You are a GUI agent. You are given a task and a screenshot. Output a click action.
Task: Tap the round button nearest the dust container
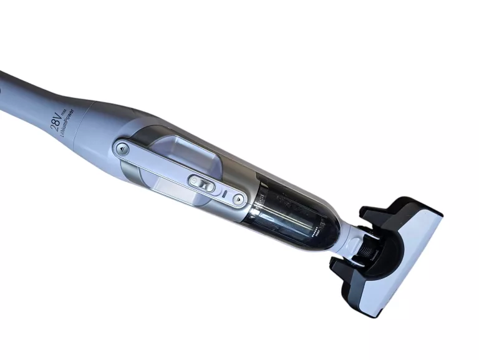pyautogui.click(x=238, y=200)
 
